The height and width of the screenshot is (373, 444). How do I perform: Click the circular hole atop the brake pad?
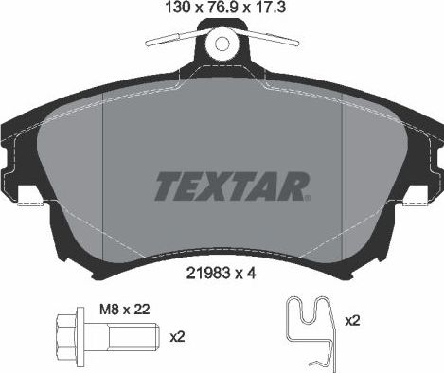pos(221,44)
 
